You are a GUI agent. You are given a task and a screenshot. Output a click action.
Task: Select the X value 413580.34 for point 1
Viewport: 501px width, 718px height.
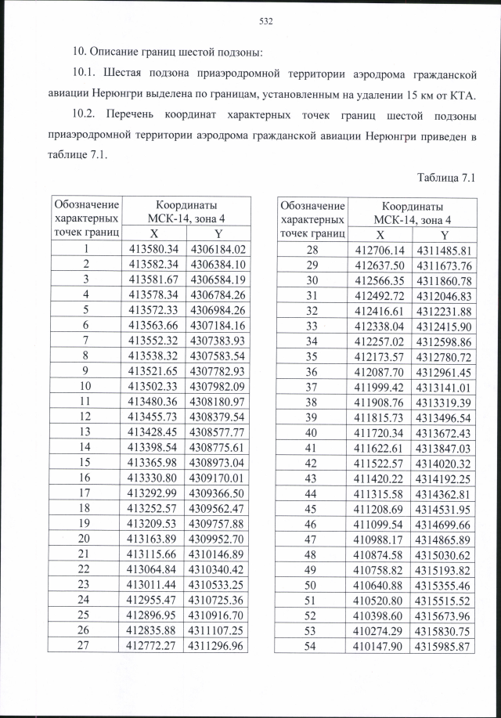point(154,250)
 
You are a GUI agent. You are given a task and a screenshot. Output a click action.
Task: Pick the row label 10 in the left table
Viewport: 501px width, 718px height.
point(84,386)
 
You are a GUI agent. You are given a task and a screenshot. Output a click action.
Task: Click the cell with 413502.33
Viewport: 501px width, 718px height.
point(154,386)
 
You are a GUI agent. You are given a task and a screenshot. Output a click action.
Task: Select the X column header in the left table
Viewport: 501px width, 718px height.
point(154,233)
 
